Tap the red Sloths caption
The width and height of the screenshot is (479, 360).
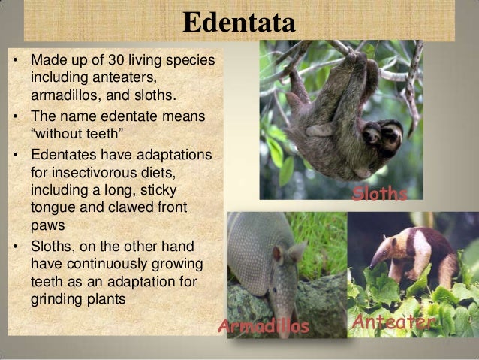(380, 195)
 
